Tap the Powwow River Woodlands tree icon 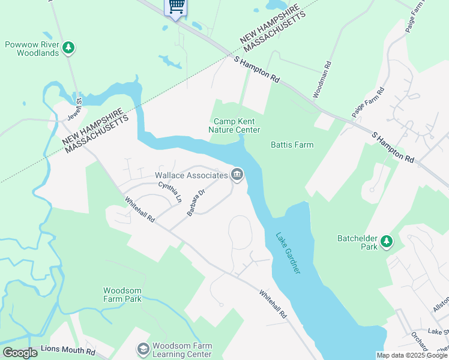[x=69, y=47]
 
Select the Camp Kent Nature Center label [x=234, y=125]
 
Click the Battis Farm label [x=292, y=145]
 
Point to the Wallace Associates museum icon [x=237, y=175]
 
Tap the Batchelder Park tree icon [x=387, y=242]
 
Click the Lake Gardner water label [x=288, y=253]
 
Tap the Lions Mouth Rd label [x=68, y=350]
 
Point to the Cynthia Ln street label [x=170, y=192]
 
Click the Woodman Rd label [x=322, y=80]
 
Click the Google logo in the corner [x=20, y=353]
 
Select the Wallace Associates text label [x=191, y=175]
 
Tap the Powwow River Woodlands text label [x=32, y=48]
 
